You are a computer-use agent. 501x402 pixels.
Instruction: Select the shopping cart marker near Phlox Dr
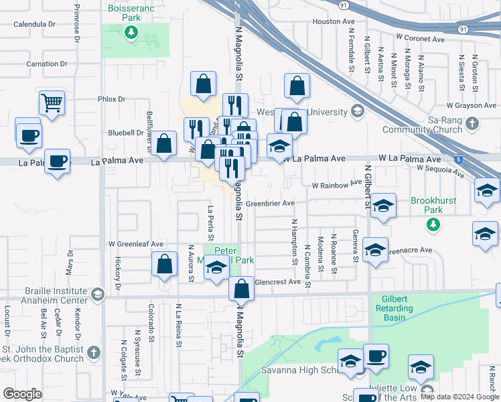(52, 104)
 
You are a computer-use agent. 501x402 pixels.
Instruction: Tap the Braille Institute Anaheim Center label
(56, 295)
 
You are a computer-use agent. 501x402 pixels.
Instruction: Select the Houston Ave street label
(328, 21)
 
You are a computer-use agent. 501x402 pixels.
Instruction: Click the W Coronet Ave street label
(419, 39)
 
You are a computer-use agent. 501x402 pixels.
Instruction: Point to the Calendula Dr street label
(33, 23)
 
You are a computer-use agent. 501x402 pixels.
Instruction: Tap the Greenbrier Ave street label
(270, 203)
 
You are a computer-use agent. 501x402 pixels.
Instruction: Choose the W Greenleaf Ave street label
(136, 244)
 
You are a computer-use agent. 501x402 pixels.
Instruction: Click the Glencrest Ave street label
(278, 282)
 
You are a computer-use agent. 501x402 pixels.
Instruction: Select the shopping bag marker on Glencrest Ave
(242, 289)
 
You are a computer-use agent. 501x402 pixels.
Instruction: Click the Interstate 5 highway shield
(457, 159)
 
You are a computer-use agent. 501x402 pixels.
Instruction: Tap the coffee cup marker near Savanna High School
(376, 356)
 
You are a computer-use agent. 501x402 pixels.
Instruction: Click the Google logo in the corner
(22, 394)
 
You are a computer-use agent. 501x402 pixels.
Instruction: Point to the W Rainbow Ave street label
(337, 184)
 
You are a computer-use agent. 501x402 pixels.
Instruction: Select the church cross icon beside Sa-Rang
(473, 124)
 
